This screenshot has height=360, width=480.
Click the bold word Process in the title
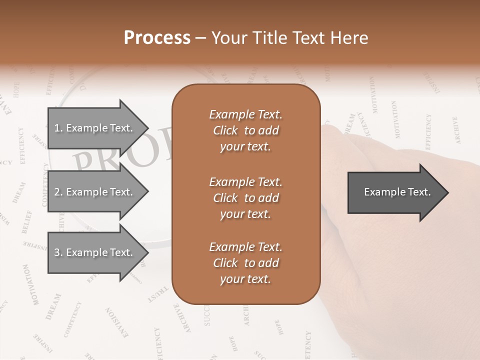coord(157,38)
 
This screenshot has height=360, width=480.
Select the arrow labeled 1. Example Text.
coord(95,128)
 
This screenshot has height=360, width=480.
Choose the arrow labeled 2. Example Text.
coord(95,192)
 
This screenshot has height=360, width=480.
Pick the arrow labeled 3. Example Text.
coord(95,252)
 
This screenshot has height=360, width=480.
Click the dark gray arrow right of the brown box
coord(395,192)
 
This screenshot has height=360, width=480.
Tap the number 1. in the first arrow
coord(58,128)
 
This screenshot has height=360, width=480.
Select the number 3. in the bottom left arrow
coord(58,253)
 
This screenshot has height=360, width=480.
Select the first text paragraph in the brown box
coord(245,130)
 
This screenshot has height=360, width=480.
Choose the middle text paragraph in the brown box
coord(245,198)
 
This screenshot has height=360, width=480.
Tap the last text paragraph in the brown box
coord(245,263)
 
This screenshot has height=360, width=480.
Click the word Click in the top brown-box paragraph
coord(225,130)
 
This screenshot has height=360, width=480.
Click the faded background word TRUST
coord(157,295)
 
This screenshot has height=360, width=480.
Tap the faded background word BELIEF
coord(26,222)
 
